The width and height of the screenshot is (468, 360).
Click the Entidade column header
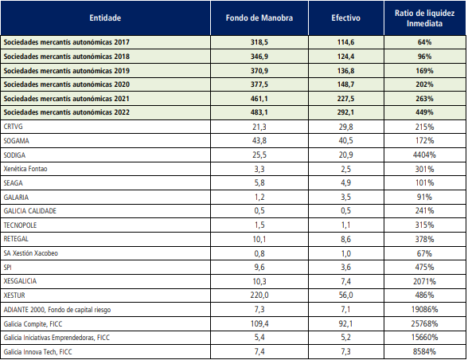point(105,18)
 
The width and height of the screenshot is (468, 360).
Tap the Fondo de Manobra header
point(259,18)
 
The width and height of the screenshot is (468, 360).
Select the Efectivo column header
point(345,18)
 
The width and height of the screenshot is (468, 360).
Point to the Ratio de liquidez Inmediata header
point(424,18)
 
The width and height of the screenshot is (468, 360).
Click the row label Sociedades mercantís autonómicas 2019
point(67,71)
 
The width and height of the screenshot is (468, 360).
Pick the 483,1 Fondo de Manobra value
point(259,112)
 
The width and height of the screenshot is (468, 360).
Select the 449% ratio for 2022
point(424,112)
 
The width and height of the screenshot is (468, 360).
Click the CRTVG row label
point(13,127)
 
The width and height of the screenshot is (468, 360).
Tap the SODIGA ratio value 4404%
point(424,155)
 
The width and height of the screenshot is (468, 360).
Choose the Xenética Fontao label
point(25,169)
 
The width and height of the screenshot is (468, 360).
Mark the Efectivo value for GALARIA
point(345,198)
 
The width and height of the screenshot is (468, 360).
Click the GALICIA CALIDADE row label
point(30,211)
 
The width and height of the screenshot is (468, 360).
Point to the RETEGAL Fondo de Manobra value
point(259,239)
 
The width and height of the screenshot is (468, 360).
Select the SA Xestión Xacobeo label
point(31,253)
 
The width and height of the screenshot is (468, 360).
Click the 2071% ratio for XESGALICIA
point(424,281)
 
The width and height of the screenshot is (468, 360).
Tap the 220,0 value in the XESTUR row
point(259,295)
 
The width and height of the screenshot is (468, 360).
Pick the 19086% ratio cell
point(424,310)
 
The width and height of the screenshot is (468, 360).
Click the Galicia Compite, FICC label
point(33,324)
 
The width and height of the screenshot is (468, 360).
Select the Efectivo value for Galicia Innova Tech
point(345,351)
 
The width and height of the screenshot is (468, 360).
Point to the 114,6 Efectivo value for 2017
point(345,42)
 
